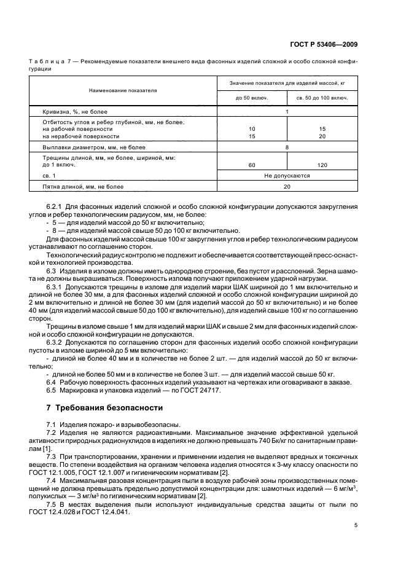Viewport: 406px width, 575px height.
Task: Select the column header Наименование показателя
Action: click(x=123, y=90)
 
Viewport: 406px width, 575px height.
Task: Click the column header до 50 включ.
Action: click(x=251, y=98)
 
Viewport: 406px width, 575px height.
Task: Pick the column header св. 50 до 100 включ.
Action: click(x=322, y=98)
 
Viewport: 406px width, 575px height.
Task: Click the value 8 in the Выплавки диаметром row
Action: click(x=286, y=147)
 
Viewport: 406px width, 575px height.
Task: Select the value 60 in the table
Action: click(x=251, y=165)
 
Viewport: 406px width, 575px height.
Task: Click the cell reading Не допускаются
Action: click(x=286, y=175)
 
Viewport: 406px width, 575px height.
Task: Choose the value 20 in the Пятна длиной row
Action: click(x=286, y=186)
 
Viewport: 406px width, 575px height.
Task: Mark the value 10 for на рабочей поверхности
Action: click(x=251, y=129)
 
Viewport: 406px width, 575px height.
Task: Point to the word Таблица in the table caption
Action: click(x=45, y=62)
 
